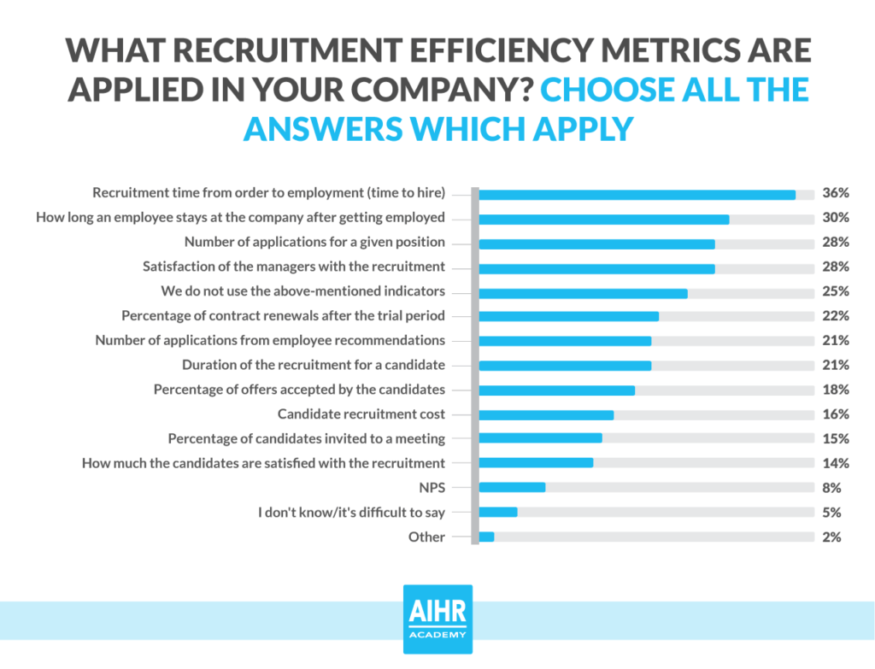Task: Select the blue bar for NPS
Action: [512, 489]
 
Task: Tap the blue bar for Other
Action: [486, 537]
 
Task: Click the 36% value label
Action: [835, 193]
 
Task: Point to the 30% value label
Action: [835, 218]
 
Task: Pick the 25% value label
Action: [835, 291]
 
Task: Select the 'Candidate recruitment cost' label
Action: [361, 414]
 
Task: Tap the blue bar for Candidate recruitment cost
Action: [546, 415]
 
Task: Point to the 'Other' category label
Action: [426, 537]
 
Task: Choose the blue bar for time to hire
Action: [637, 194]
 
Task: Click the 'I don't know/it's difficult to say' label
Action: [352, 513]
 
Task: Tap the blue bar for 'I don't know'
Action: [498, 513]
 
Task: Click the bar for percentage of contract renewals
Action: [568, 316]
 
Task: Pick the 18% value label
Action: [835, 390]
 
